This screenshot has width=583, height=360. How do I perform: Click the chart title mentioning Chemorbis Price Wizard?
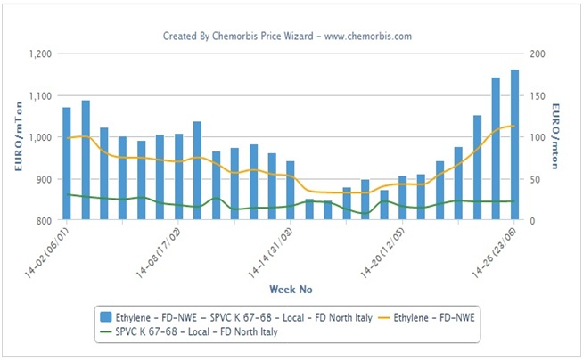point(286,36)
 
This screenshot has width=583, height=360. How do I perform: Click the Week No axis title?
point(291,289)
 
